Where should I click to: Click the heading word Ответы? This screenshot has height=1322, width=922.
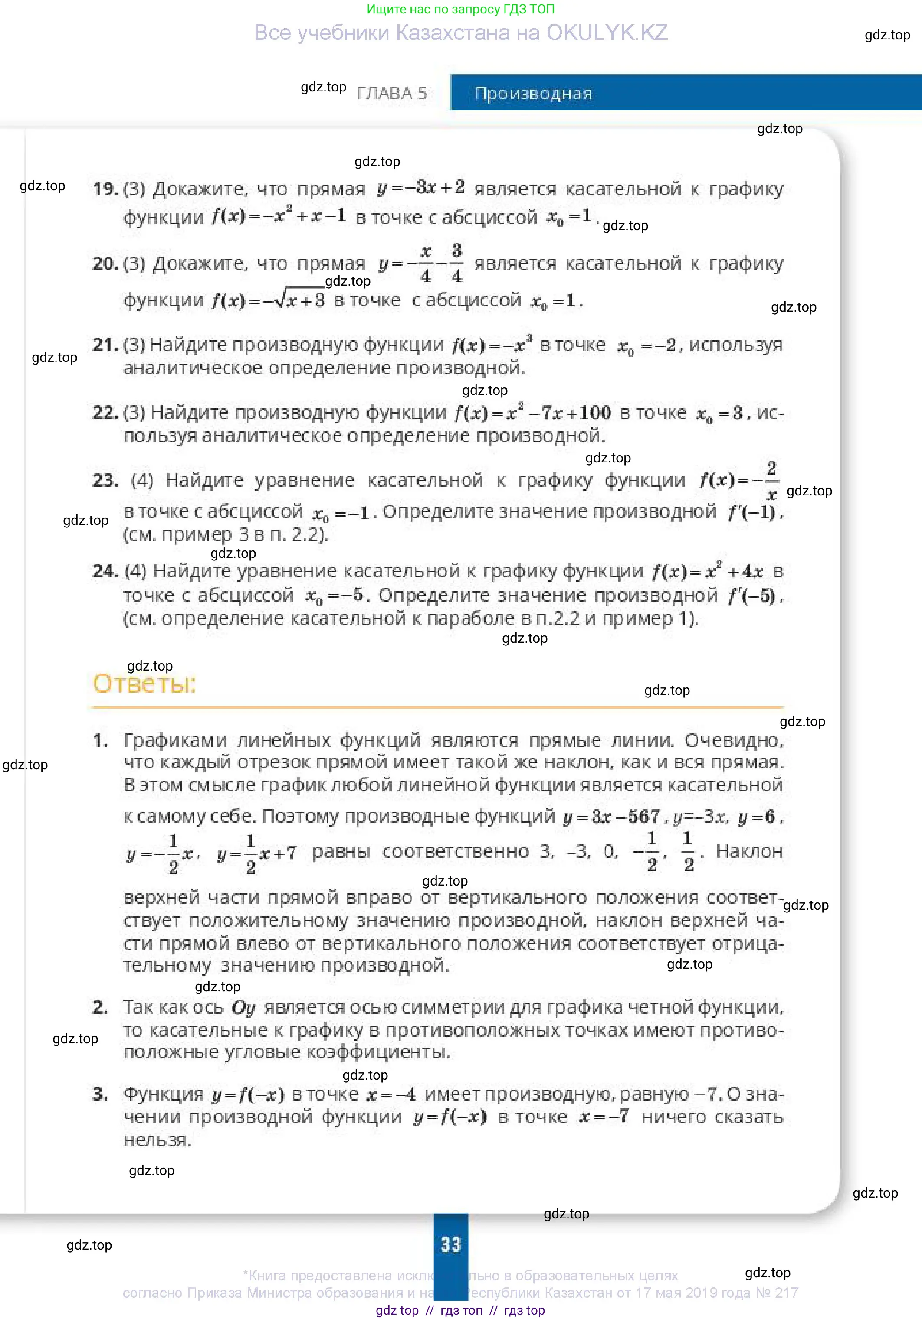[x=144, y=684]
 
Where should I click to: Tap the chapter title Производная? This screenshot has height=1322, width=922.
[x=533, y=93]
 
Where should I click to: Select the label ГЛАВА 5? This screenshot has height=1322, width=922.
[x=392, y=93]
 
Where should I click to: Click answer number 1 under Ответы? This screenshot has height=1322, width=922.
[x=100, y=740]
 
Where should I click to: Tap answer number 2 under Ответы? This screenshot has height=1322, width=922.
[x=100, y=1007]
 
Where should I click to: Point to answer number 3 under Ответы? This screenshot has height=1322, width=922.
[x=100, y=1094]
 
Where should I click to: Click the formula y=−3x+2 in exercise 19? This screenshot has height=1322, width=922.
[x=421, y=188]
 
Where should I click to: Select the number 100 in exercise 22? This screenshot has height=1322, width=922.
[x=595, y=412]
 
